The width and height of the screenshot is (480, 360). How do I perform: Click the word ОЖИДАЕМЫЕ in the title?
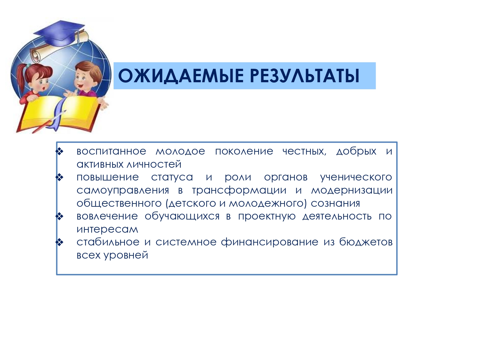pos(180,76)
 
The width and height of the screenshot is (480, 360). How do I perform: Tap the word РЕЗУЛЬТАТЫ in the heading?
pos(305,76)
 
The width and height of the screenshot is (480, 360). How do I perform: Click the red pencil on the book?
pos(49,122)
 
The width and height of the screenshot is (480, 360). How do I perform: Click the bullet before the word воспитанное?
pos(59,151)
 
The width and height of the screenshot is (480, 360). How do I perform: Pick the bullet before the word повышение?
pos(59,177)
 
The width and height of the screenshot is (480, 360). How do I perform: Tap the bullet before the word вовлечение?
pos(59,216)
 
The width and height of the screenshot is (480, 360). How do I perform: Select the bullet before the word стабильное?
pos(59,242)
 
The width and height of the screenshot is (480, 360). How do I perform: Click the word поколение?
pos(244,151)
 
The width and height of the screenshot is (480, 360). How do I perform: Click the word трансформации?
pos(239,190)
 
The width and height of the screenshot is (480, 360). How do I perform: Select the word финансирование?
pos(269,242)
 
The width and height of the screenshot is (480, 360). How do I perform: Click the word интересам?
pos(107,229)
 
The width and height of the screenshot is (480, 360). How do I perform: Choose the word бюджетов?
pos(366,242)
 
